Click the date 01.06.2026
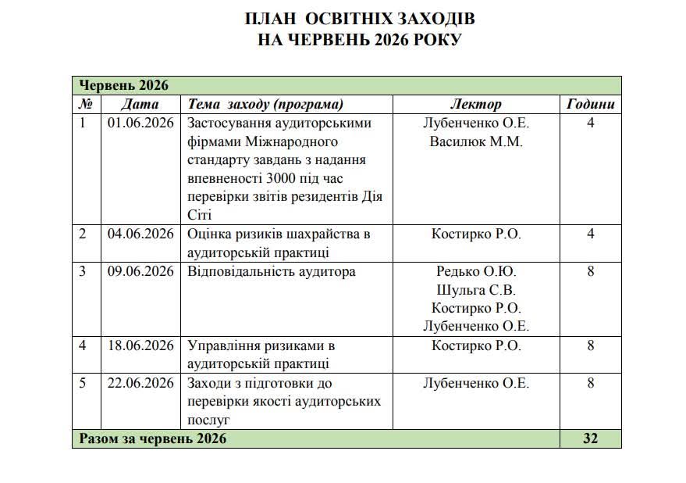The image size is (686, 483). (140, 123)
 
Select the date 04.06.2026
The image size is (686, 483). (140, 234)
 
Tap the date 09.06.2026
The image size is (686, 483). (140, 271)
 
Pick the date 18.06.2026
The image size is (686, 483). (140, 345)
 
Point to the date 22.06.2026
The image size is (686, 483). (140, 383)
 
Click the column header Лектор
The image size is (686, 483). (476, 104)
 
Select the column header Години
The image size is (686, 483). (590, 104)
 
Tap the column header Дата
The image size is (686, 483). (140, 104)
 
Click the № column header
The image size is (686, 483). (86, 104)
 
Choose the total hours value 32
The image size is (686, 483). (590, 438)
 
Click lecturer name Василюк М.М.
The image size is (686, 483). (476, 141)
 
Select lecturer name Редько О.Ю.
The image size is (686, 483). (476, 271)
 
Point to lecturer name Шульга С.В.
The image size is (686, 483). (476, 290)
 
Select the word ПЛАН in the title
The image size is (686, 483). (271, 18)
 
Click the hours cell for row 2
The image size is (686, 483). (590, 234)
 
